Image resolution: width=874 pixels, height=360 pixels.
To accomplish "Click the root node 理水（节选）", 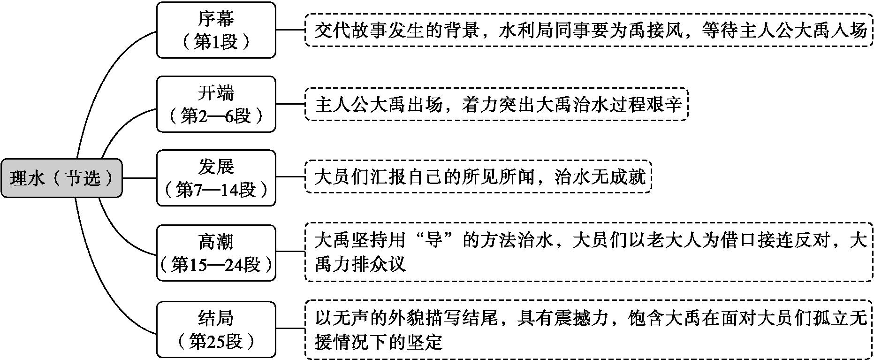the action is coord(61,178).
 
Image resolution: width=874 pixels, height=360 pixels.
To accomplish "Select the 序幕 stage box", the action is coord(216,30).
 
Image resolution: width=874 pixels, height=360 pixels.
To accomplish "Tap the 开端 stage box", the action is coord(216,104).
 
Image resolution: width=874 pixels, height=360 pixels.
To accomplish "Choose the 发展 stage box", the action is coord(216,178).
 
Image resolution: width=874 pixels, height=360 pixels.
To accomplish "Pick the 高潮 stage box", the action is coord(216,253).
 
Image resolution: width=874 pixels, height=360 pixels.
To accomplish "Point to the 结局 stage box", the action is coord(216,329).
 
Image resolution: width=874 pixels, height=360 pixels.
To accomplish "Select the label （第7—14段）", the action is coord(216,190).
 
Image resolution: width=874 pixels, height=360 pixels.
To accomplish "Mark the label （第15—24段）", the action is coord(216,265).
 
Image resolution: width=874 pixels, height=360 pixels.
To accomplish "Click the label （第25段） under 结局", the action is coord(216,341).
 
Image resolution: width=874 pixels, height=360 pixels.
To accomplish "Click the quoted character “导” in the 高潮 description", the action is coord(433,241).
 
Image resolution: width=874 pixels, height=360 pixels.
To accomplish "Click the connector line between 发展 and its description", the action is coord(290,178).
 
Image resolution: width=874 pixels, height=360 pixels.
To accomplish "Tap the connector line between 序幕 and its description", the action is coord(290,30).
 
